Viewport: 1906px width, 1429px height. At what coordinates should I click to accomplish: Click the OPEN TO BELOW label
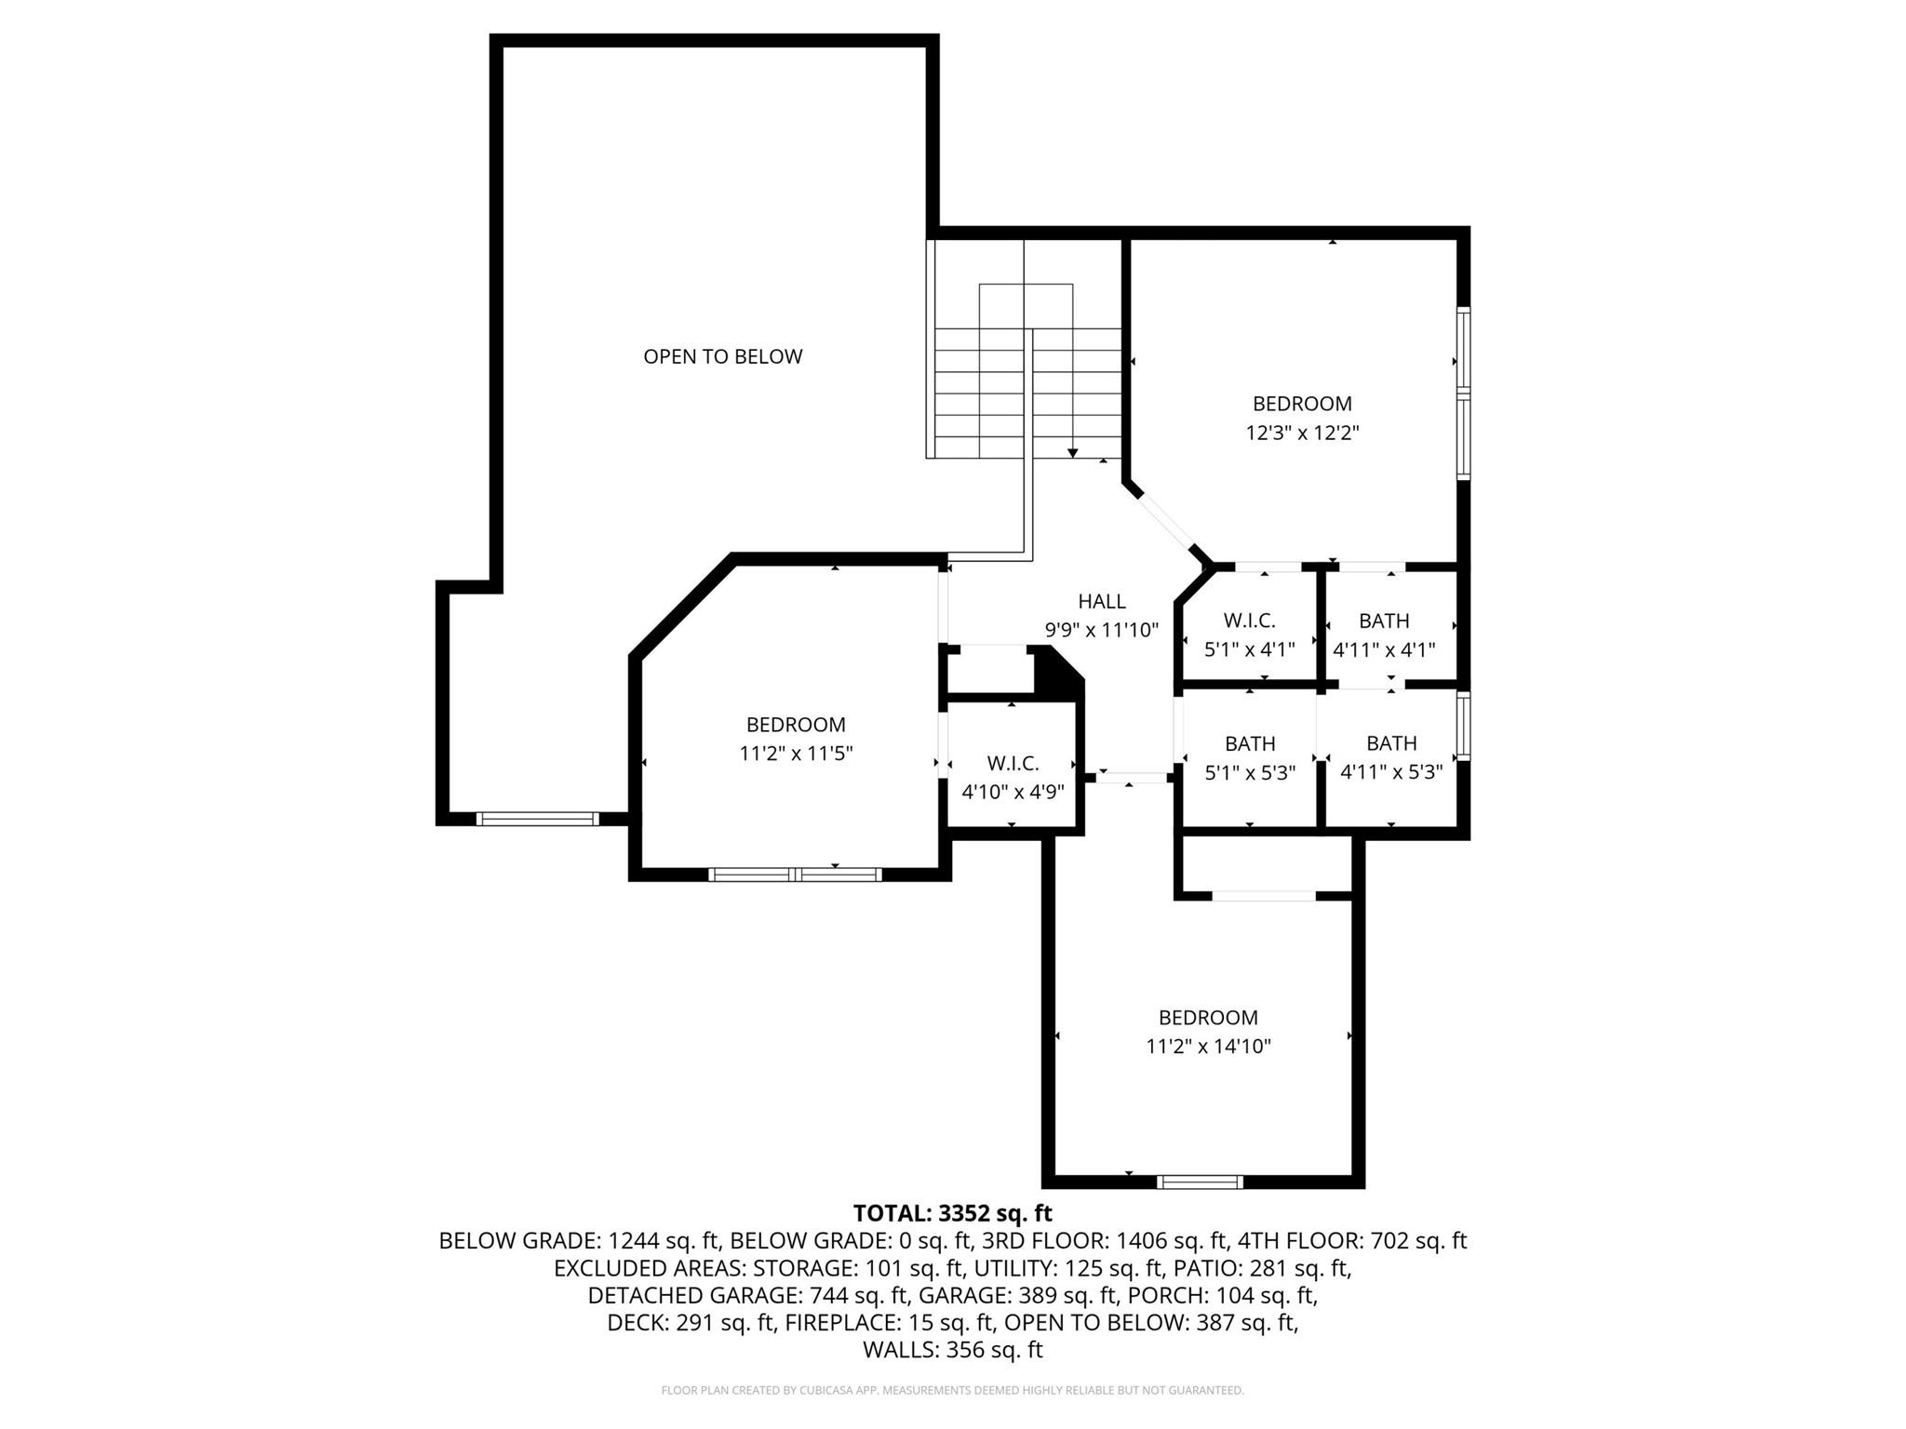722,356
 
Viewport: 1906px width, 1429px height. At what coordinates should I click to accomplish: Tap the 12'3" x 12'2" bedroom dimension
1302,433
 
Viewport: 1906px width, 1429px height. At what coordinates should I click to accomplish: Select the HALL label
1101,602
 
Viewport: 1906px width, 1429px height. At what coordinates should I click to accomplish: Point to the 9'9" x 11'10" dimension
1101,631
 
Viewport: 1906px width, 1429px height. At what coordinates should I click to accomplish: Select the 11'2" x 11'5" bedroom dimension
796,754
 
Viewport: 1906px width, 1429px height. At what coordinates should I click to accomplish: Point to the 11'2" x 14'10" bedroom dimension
1208,1047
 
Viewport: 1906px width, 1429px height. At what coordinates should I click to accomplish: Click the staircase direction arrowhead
1072,453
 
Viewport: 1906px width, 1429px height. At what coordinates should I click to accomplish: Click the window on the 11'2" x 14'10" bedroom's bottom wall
1200,1182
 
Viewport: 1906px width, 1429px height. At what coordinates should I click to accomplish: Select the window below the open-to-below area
537,820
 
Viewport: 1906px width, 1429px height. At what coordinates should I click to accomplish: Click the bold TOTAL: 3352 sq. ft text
952,1213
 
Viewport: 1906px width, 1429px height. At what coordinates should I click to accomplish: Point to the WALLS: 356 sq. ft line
952,1350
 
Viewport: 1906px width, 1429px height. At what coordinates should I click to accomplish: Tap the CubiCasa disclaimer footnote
952,1391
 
